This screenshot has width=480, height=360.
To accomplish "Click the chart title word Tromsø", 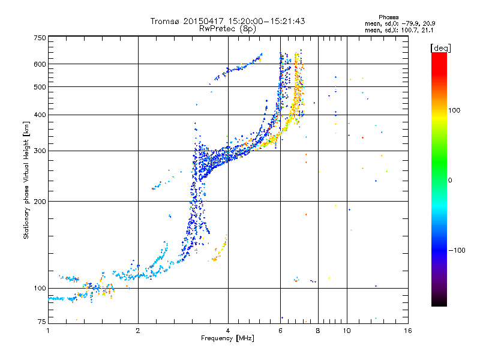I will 165,21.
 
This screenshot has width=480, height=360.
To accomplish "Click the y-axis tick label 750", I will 40,37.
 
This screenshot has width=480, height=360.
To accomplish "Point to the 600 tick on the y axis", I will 40,64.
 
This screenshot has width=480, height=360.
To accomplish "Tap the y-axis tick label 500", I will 40,87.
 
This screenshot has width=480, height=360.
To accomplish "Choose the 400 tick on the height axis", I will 40,115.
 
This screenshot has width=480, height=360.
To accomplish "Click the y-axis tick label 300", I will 40,151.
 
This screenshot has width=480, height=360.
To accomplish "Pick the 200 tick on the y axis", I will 40,201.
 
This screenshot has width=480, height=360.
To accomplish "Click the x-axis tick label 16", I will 407,331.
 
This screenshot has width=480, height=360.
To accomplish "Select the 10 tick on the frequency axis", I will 347,331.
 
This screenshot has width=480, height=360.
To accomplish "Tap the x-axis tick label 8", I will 318,331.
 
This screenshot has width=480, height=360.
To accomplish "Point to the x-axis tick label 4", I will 228,331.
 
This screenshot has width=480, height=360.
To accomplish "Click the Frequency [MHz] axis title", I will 227,339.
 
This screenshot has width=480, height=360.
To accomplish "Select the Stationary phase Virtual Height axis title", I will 26,180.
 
